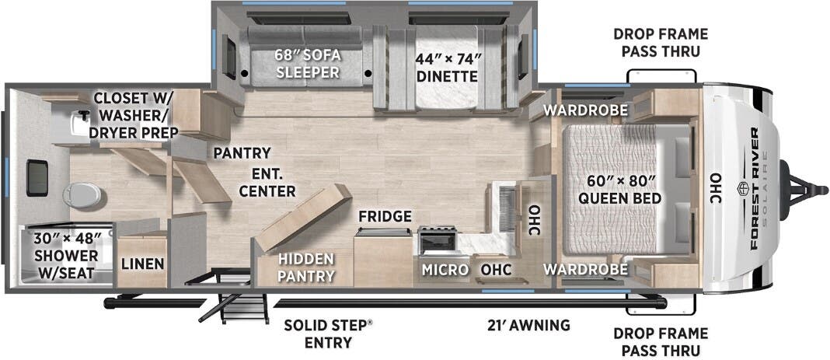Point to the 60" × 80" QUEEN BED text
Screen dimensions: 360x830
point(619,190)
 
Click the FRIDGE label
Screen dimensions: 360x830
point(385,216)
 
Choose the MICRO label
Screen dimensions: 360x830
point(445,269)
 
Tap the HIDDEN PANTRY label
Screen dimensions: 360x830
point(307,267)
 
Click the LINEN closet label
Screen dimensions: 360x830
point(142,264)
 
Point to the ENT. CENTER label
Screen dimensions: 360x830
point(267,183)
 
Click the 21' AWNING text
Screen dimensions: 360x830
point(525,325)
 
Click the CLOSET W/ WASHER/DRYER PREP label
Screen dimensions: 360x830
point(135,115)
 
